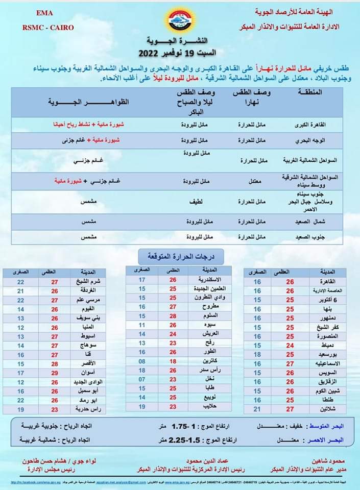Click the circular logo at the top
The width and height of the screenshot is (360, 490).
click(180, 19)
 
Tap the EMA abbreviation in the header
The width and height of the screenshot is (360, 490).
click(41, 11)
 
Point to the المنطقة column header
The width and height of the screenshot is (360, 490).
click(310, 94)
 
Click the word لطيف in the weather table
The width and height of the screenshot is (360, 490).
click(197, 202)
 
